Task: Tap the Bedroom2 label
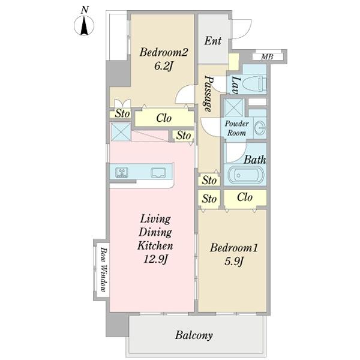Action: click(164, 52)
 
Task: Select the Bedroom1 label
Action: click(234, 248)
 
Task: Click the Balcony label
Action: click(194, 335)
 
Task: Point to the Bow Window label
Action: click(104, 269)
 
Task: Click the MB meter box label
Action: click(267, 56)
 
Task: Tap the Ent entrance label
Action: click(213, 41)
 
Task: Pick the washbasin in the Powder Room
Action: click(261, 127)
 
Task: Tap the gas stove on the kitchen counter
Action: click(121, 172)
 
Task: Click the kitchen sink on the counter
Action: click(158, 173)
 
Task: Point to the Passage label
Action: click(209, 94)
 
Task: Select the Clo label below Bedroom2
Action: click(164, 118)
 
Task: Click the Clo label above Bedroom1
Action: click(245, 197)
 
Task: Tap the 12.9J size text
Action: click(155, 259)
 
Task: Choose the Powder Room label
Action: click(237, 128)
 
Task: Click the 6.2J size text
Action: click(163, 66)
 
